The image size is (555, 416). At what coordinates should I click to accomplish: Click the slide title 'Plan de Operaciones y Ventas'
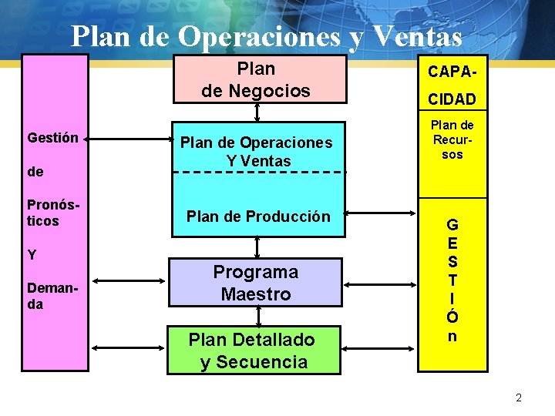coord(266,35)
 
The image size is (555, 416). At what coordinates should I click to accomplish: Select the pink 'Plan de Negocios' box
coord(256,79)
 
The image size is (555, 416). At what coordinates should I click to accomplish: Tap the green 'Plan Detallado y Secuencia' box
coord(253,351)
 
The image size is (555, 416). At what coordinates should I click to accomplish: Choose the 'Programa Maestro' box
coord(256,283)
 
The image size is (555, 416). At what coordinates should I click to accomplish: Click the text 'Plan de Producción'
coord(257,216)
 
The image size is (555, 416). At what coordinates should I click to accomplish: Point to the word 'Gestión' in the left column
coord(52,138)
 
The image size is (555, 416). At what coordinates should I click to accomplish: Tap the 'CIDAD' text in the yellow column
coord(452,100)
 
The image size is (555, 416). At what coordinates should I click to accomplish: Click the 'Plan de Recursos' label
coord(452,139)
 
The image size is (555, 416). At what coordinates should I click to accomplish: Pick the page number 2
coord(519,398)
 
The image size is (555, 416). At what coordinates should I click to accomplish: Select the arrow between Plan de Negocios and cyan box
coord(257,112)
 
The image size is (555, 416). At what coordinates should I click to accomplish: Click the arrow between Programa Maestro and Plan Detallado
coord(257,316)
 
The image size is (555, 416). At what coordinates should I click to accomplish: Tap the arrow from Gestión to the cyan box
coord(130,139)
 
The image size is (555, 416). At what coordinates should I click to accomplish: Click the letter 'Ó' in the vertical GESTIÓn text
coord(452,317)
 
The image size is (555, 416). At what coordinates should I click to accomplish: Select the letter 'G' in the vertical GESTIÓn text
coord(452,226)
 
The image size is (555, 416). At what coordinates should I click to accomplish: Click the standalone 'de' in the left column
coord(35,172)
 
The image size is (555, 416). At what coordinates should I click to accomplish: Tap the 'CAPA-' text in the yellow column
coord(452,72)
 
